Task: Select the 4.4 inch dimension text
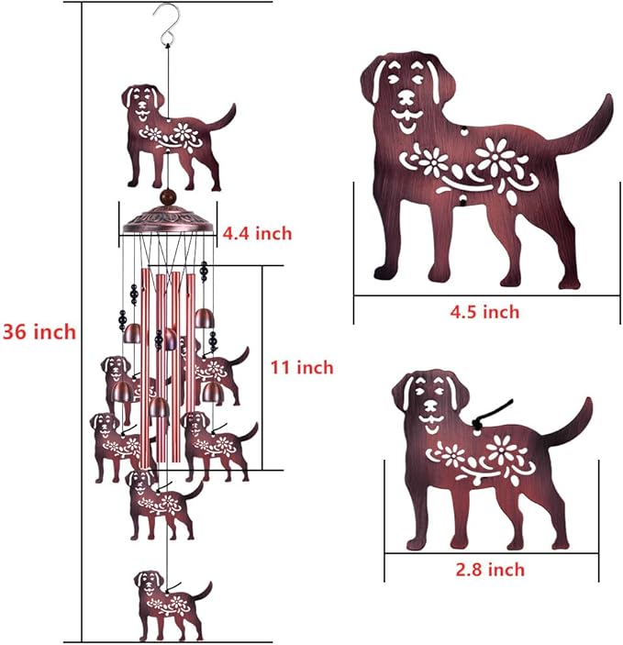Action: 257,234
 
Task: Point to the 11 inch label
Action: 301,367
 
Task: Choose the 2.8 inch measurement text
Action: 491,570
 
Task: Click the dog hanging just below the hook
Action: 170,136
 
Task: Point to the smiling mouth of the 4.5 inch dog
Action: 406,117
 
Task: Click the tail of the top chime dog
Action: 225,117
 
